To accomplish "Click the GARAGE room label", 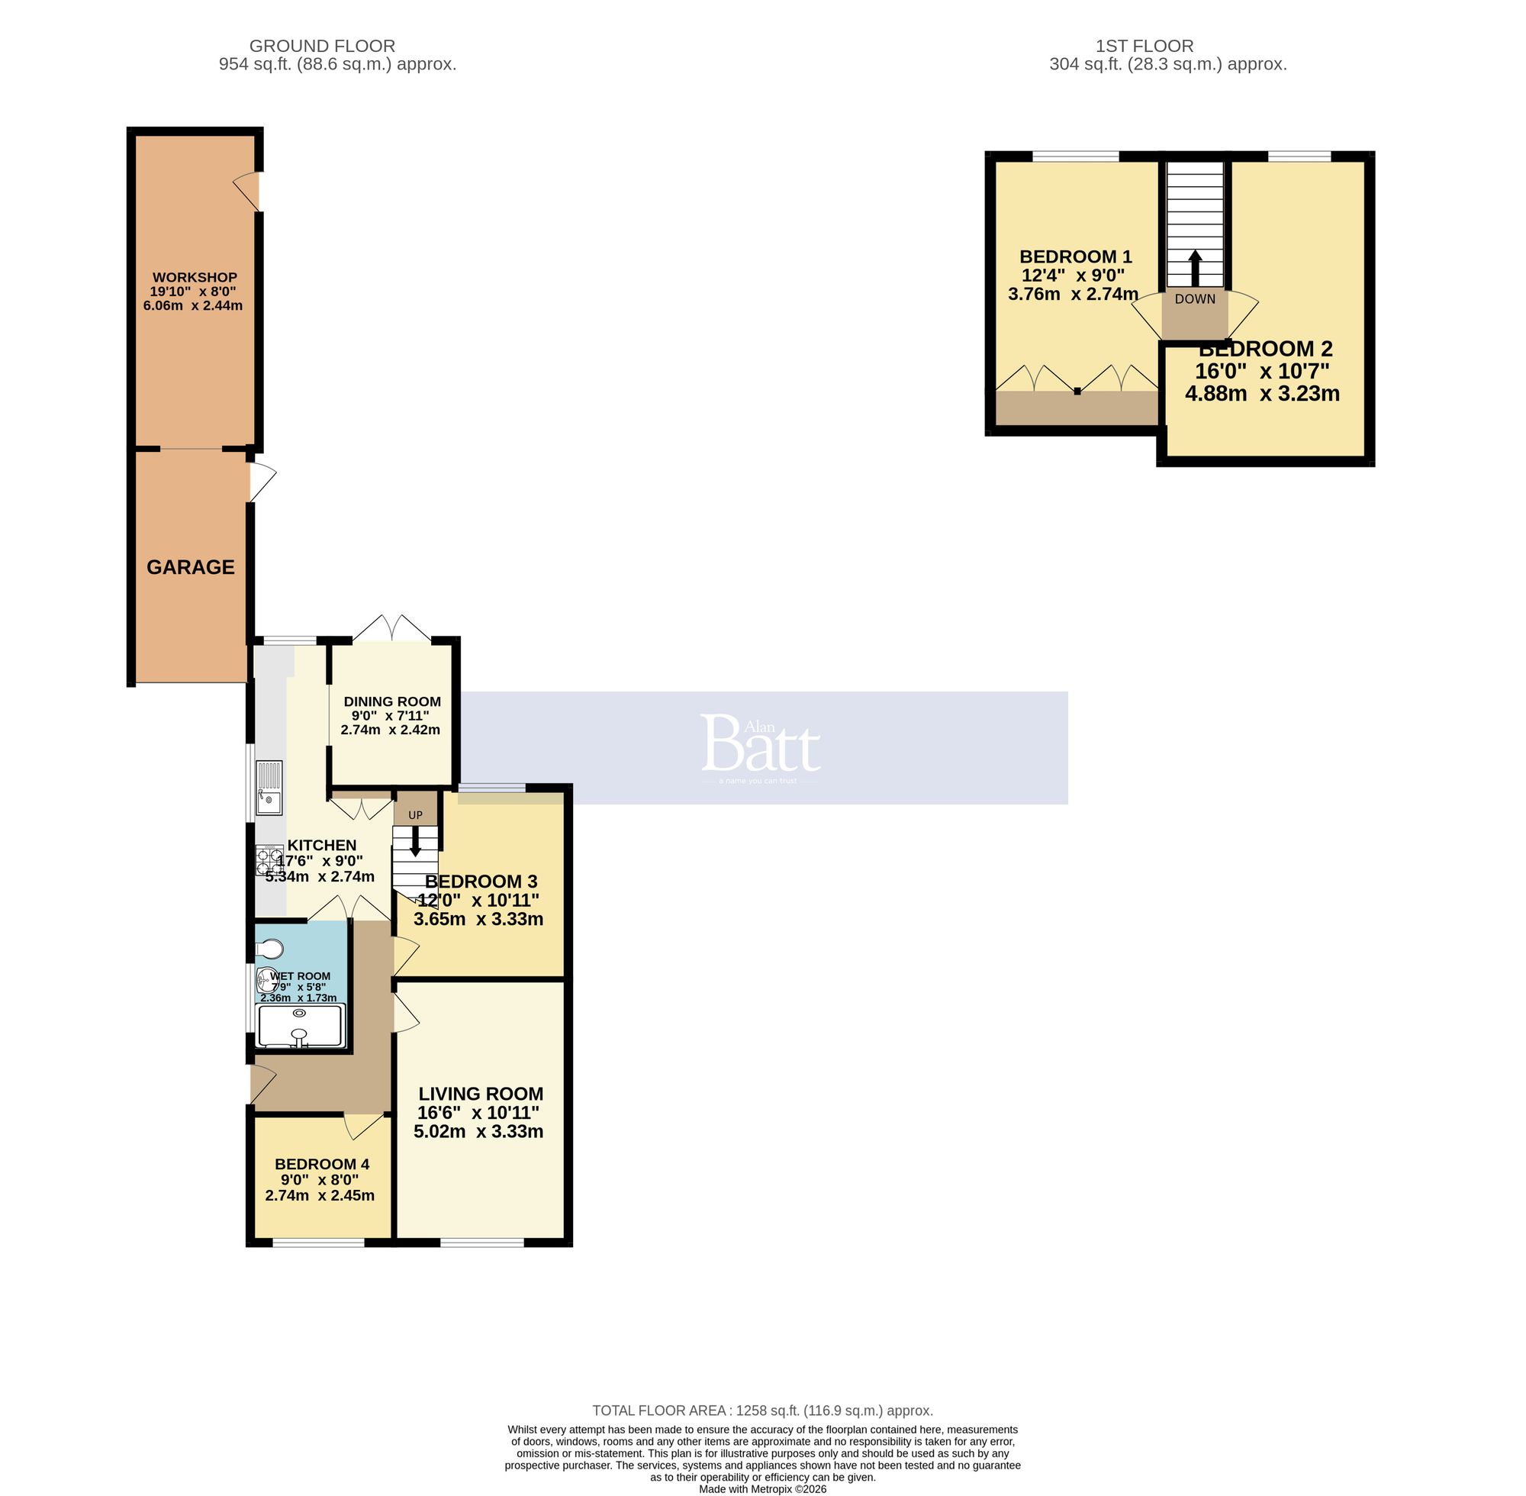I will [190, 566].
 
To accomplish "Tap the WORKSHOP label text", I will [194, 277].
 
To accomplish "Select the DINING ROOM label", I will [392, 701].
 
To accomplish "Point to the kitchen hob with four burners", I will [269, 859].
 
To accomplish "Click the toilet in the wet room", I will [269, 950].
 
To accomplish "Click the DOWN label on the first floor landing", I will [1195, 298].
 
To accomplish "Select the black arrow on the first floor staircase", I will [1195, 268].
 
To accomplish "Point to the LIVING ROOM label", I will [481, 1094].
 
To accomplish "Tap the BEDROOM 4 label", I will [322, 1164].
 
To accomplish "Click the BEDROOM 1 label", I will [1075, 256].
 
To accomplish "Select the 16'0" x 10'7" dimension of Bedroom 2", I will [1261, 371].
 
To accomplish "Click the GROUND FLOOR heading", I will [322, 47].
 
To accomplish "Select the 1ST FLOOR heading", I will [1144, 47].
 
